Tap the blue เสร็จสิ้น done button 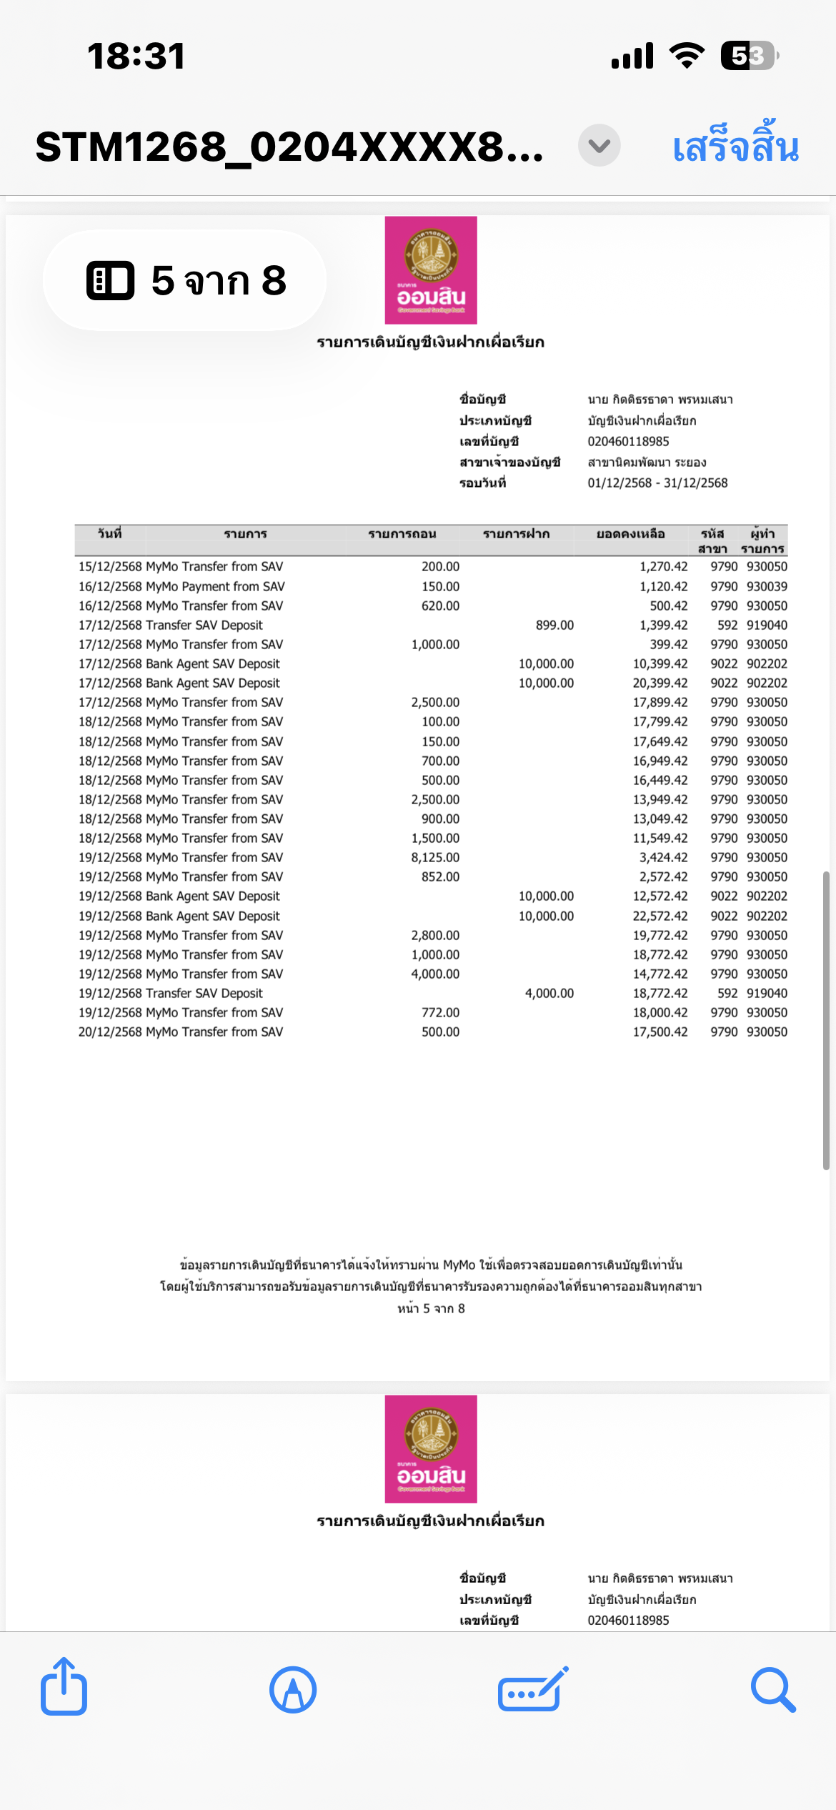[x=735, y=147]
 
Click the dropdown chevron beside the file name [x=599, y=146]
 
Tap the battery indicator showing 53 [x=748, y=56]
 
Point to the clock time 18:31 [x=136, y=56]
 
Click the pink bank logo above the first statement [x=431, y=270]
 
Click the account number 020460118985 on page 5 [x=628, y=442]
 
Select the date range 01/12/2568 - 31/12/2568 [x=657, y=483]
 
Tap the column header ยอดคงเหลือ [x=630, y=534]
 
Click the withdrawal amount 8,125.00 [x=435, y=858]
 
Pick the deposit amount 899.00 [x=554, y=625]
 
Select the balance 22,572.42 [x=660, y=916]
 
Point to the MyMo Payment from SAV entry [x=214, y=587]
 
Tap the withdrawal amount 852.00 [x=440, y=877]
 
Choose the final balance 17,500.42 [x=660, y=1032]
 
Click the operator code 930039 [x=767, y=587]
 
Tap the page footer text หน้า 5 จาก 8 [x=431, y=1309]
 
